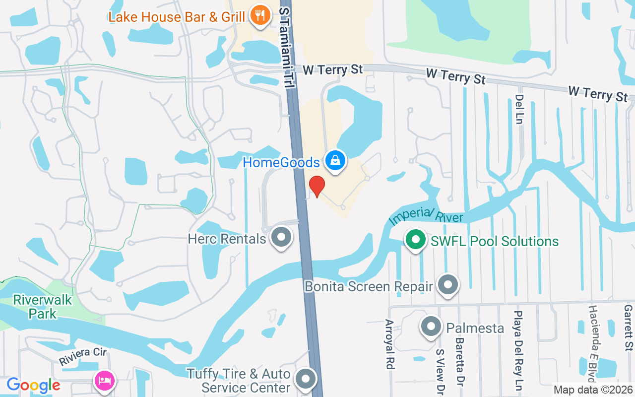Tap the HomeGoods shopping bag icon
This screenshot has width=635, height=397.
(x=335, y=160)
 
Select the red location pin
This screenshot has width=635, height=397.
(x=317, y=186)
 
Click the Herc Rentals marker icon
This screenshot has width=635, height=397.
(x=282, y=237)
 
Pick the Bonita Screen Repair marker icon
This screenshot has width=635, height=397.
(x=448, y=285)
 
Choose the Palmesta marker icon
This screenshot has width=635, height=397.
(x=431, y=327)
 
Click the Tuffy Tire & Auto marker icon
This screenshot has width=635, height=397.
(x=306, y=379)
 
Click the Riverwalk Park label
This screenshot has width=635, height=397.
(x=43, y=307)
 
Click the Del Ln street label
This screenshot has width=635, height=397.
(x=519, y=109)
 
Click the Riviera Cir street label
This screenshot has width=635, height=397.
(x=82, y=357)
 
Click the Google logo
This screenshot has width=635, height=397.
(x=33, y=385)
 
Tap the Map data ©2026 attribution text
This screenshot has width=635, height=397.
(x=593, y=390)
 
